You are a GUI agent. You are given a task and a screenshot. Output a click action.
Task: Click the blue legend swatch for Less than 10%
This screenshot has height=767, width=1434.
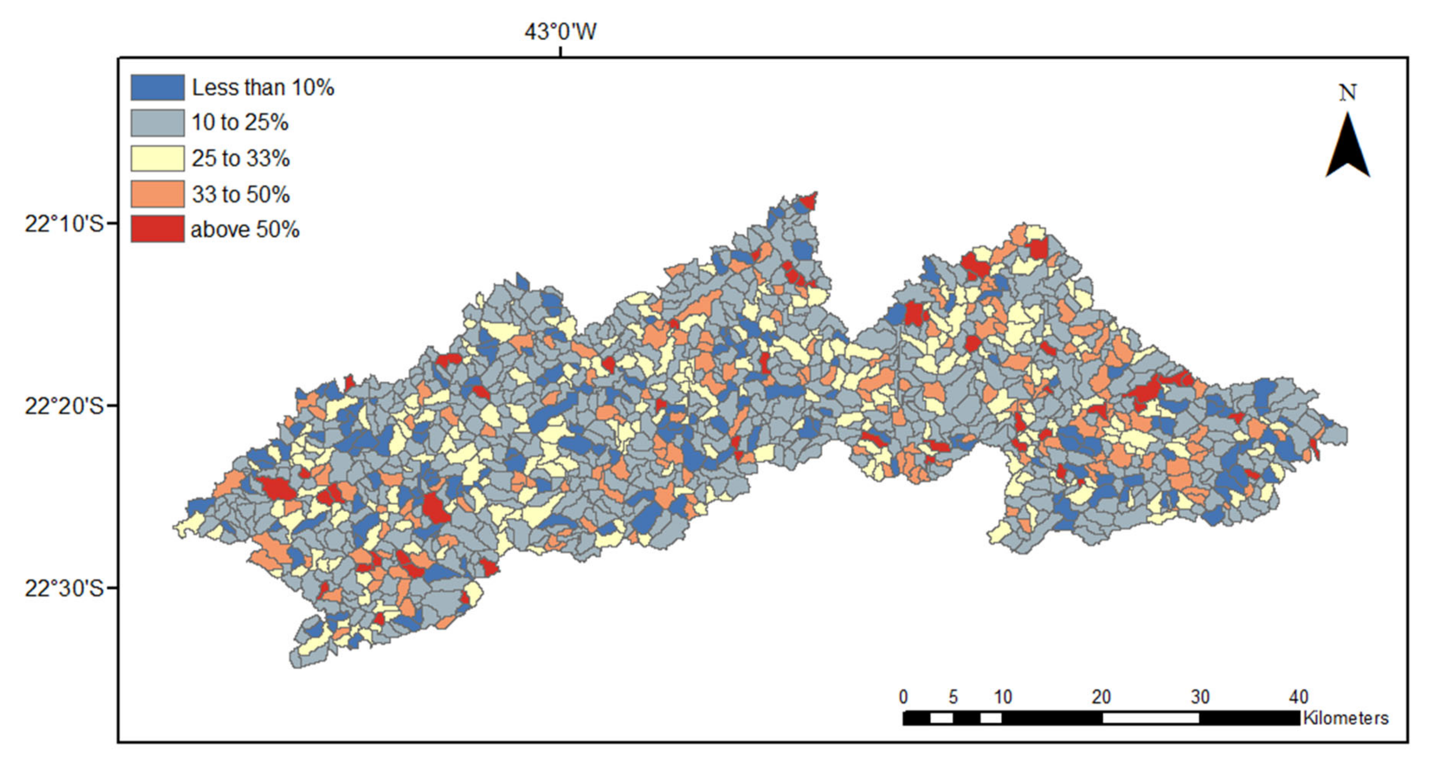157,88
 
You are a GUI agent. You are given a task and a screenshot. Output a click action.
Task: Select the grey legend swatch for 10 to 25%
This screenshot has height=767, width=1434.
157,122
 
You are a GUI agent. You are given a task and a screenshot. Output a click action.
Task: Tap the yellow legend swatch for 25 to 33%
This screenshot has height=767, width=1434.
157,158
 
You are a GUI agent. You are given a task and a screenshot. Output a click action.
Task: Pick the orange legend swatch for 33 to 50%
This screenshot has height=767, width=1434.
157,194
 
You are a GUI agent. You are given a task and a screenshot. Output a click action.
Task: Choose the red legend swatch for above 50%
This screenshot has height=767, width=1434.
157,229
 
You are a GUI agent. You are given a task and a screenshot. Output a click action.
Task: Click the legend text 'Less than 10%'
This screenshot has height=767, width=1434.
263,88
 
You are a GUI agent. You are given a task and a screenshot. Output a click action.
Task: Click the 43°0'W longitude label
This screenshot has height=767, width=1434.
560,31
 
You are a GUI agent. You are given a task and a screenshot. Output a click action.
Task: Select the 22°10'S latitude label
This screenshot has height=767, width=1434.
64,224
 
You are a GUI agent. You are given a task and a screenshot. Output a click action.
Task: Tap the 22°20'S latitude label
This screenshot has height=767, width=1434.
64,406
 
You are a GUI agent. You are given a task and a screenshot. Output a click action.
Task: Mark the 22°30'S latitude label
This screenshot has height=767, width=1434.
64,588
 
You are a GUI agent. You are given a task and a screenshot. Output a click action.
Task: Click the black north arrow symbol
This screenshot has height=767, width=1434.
1348,148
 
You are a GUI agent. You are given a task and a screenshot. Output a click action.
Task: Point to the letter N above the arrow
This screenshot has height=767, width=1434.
1348,92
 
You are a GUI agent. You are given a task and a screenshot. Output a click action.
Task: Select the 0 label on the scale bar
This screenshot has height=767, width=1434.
904,697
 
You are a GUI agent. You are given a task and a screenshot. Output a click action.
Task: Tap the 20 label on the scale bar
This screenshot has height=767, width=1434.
1101,697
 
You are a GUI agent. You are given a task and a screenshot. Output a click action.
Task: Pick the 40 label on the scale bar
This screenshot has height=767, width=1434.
1298,697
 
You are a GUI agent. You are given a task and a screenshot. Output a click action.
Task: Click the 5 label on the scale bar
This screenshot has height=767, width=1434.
953,697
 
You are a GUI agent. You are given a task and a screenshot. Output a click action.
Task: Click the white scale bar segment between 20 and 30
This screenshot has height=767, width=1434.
1151,718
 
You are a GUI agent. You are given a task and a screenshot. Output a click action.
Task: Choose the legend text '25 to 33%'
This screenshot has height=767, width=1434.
240,158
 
